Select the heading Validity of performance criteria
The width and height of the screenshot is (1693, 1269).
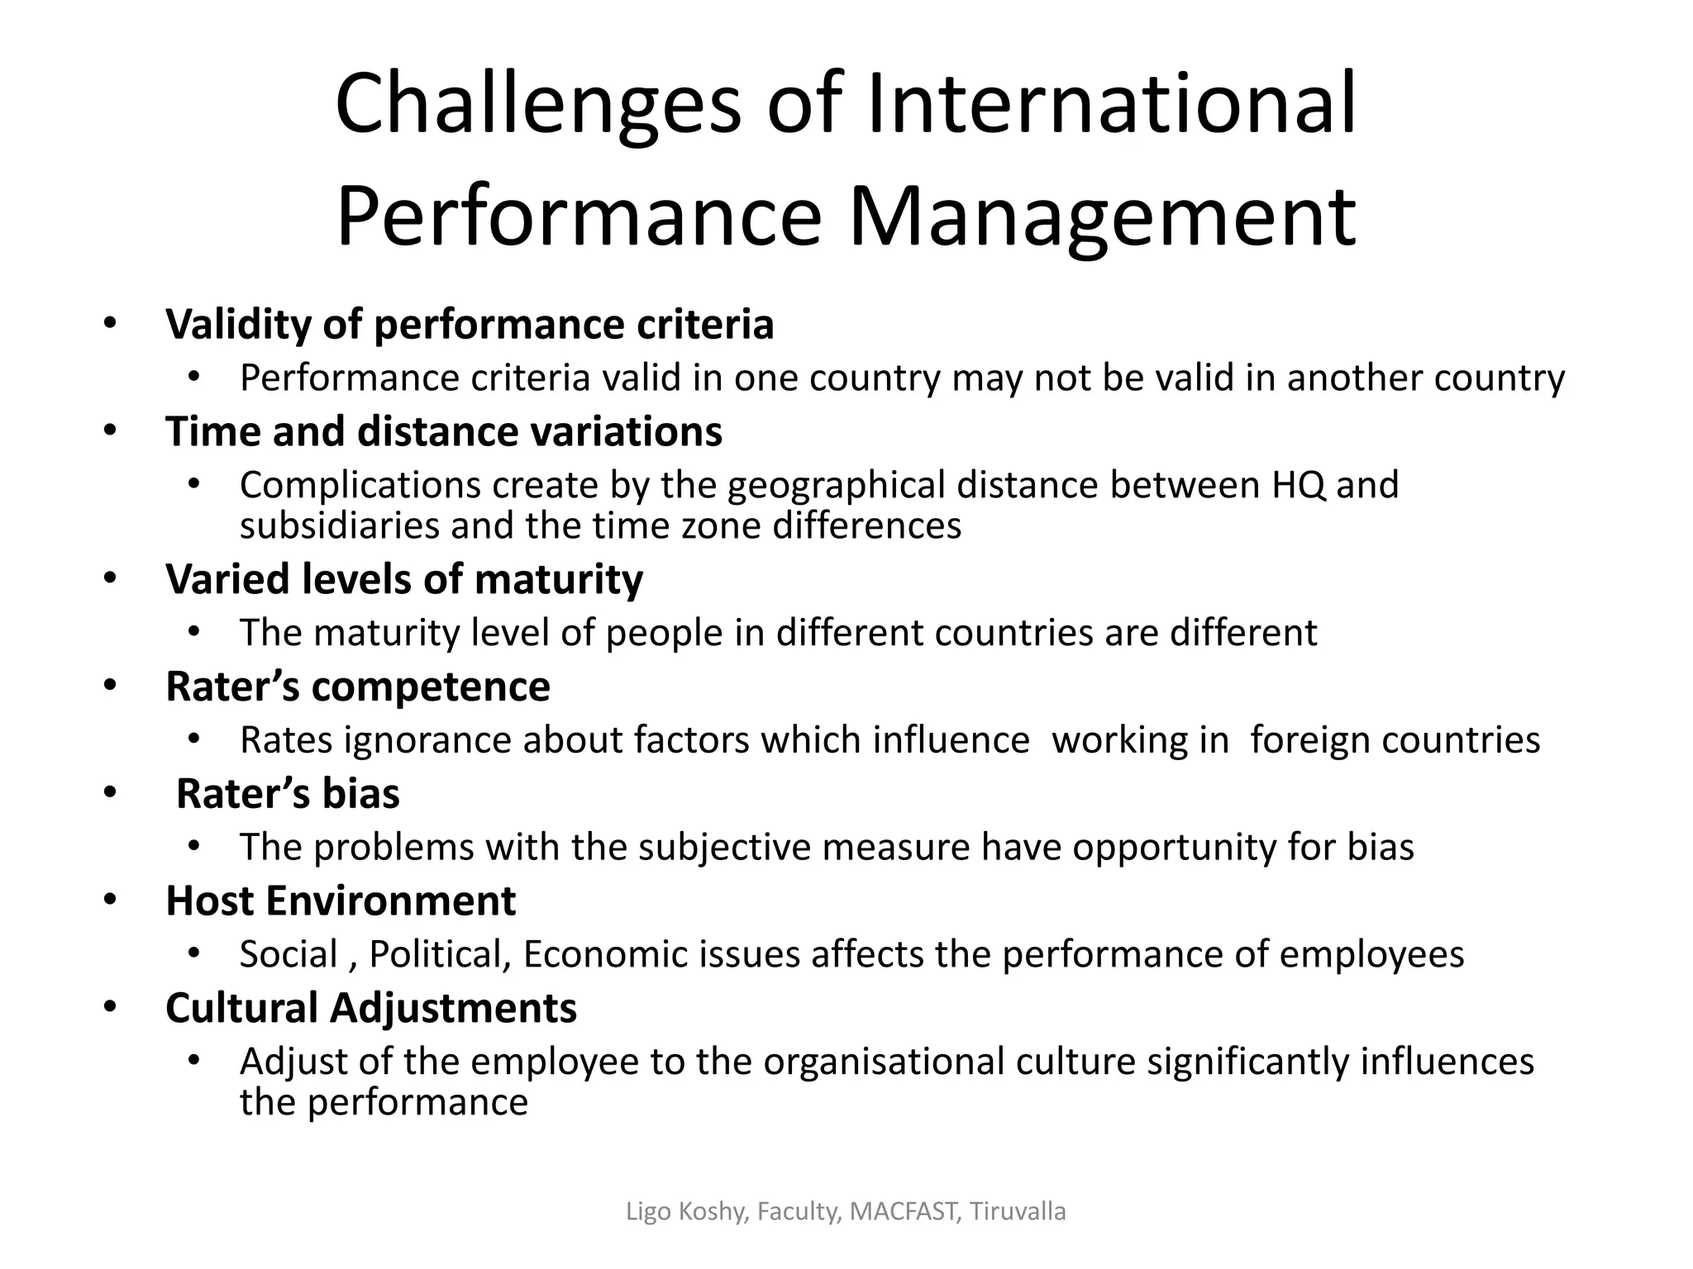tap(470, 324)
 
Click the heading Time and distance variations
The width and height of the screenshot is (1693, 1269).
tap(444, 431)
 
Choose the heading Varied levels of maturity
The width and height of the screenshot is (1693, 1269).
tap(404, 578)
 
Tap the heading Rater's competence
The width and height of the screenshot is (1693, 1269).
tap(358, 686)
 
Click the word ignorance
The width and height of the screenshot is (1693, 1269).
tap(427, 739)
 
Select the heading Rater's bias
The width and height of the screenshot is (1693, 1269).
tap(288, 793)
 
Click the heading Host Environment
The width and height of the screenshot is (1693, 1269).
tap(341, 901)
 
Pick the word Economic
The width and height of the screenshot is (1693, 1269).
tap(605, 954)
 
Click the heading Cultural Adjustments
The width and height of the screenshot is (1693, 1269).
tap(371, 1008)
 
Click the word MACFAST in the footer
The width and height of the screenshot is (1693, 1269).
tap(905, 1212)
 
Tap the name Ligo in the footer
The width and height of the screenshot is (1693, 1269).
tap(648, 1212)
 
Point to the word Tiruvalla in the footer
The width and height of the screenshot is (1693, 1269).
tap(1018, 1212)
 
